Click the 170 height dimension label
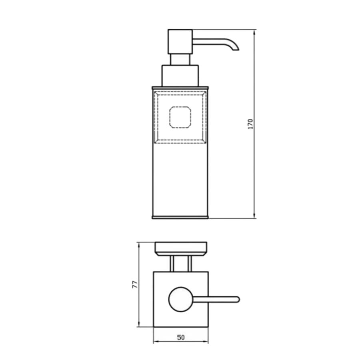(x=250, y=124)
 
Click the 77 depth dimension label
(x=135, y=284)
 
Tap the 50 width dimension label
(x=181, y=337)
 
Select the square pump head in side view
(x=180, y=42)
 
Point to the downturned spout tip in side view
(x=236, y=49)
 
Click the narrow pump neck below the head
(x=180, y=60)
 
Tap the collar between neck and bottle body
(x=180, y=76)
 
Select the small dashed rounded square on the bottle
(x=180, y=117)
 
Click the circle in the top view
(x=181, y=299)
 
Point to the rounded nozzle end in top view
(x=238, y=299)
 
